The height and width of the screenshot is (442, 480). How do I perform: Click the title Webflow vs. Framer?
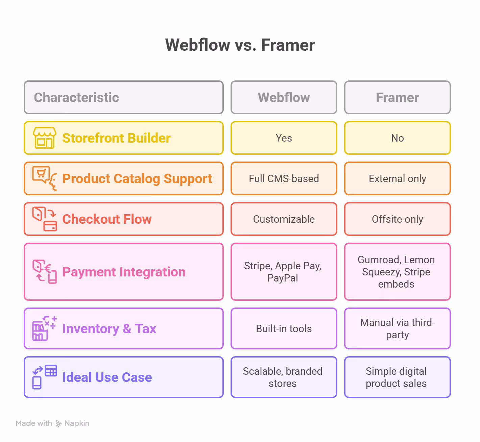coord(240,45)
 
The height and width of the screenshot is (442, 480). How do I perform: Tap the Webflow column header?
coord(284,97)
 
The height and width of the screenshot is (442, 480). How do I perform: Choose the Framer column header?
coord(397,97)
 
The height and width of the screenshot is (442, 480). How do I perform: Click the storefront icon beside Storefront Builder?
coord(45,138)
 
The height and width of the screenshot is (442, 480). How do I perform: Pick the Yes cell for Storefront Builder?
coord(284,138)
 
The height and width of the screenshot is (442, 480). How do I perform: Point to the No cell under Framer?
coord(397,138)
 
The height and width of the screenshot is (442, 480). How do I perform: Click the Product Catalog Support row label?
coord(137,178)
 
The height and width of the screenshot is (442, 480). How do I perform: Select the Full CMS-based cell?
coord(284,178)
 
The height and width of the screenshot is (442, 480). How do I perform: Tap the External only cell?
coord(397,178)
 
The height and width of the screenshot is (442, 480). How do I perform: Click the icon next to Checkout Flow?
coord(45,219)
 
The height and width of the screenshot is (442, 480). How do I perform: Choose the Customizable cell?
coord(284,219)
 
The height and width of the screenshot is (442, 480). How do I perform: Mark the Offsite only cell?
coord(397,219)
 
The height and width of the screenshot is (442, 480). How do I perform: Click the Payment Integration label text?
coord(124,272)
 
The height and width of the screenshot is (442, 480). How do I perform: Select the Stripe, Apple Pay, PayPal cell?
coord(284,272)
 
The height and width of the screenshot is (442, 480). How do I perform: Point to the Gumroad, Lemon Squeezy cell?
coord(397,272)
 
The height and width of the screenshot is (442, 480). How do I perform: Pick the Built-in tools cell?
coord(284,328)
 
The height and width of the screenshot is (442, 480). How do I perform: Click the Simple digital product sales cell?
coord(397,377)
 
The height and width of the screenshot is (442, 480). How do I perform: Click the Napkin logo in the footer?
coord(59,423)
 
